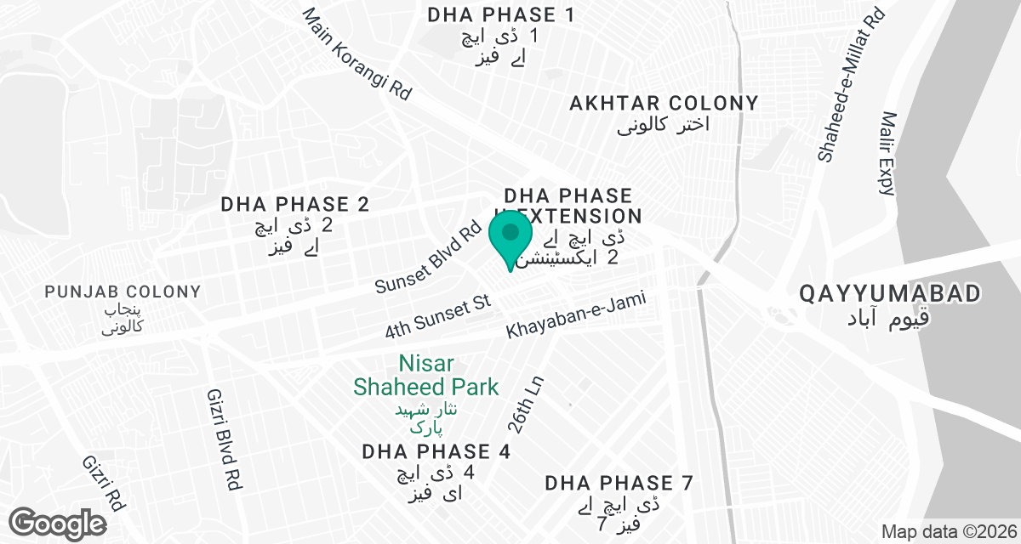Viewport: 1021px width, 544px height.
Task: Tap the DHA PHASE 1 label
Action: pos(500,14)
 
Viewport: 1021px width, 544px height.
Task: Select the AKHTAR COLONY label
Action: pos(664,104)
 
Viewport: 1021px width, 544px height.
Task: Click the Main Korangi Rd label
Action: pos(356,55)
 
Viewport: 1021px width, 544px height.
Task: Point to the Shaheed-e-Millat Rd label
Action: pos(850,86)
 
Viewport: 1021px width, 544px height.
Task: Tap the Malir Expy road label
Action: pos(890,154)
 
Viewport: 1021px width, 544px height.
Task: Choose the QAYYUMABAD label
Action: pos(890,294)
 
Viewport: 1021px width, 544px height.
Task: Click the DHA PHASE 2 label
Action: pos(296,204)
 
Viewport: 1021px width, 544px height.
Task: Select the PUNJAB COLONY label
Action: pos(123,292)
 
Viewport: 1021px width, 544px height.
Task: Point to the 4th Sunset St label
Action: pos(439,318)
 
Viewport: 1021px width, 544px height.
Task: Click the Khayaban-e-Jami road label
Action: pos(577,316)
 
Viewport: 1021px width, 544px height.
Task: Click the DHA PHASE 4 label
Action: pos(436,451)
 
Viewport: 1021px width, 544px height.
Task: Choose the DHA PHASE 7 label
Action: pos(619,484)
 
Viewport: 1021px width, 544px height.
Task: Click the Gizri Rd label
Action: pos(104,482)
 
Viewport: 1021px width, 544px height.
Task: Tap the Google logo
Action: pos(59,522)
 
